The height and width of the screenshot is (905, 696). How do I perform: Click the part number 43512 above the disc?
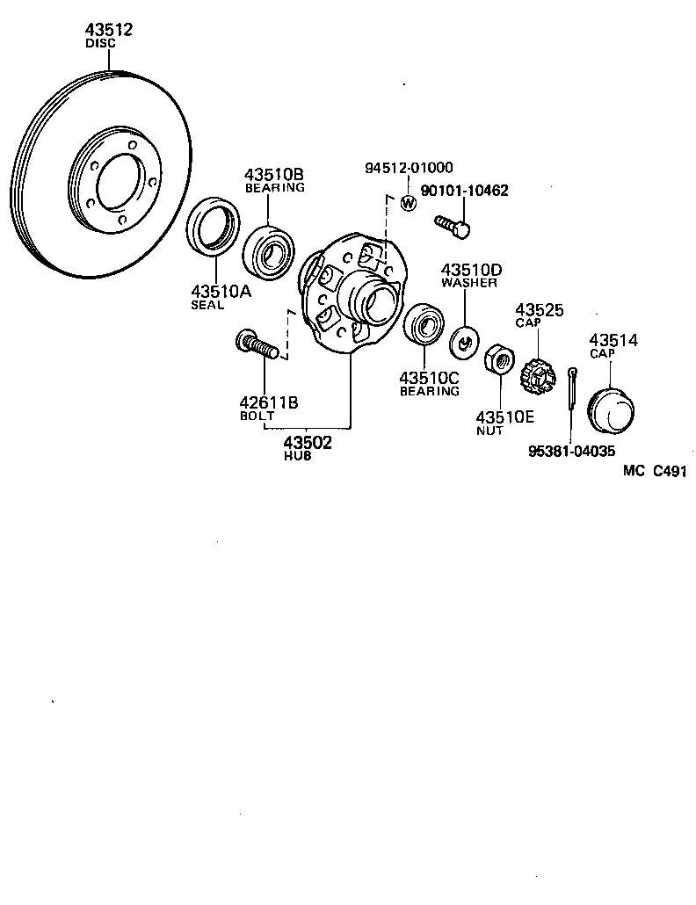(108, 30)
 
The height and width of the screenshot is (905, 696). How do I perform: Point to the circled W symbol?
(408, 204)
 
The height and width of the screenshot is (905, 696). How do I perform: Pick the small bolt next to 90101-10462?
(452, 226)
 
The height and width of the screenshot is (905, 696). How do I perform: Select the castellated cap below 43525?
(537, 377)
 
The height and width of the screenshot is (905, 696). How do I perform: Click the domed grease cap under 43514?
(613, 407)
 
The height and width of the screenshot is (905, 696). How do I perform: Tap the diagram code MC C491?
(654, 471)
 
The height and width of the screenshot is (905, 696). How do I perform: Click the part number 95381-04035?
(571, 452)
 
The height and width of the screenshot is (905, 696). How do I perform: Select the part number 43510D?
(471, 269)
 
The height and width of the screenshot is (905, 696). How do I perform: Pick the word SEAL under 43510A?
(208, 305)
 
